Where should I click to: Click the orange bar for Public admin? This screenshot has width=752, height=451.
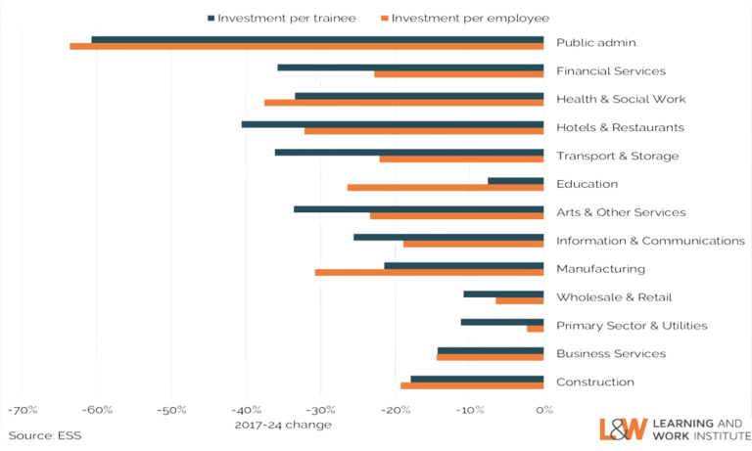[x=306, y=46]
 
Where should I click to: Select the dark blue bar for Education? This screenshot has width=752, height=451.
[x=515, y=180]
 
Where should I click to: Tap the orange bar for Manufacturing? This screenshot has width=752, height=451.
[x=429, y=272]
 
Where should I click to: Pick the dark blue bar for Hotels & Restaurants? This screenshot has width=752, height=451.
[x=393, y=124]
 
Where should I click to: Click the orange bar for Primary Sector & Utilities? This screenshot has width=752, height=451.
[x=535, y=330]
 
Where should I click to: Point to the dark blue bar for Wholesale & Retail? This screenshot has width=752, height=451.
[x=503, y=293]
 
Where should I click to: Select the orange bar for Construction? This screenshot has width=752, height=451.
[x=472, y=386]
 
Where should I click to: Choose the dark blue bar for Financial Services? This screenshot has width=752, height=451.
[x=410, y=68]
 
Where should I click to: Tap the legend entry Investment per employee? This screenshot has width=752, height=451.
[x=463, y=18]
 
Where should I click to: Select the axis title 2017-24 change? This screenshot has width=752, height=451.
[x=283, y=425]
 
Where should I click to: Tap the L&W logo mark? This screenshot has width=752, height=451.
[x=622, y=428]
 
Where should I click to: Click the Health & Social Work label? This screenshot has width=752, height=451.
[x=621, y=99]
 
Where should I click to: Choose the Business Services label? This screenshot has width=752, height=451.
[x=611, y=353]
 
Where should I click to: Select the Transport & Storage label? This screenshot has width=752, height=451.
[x=617, y=156]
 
